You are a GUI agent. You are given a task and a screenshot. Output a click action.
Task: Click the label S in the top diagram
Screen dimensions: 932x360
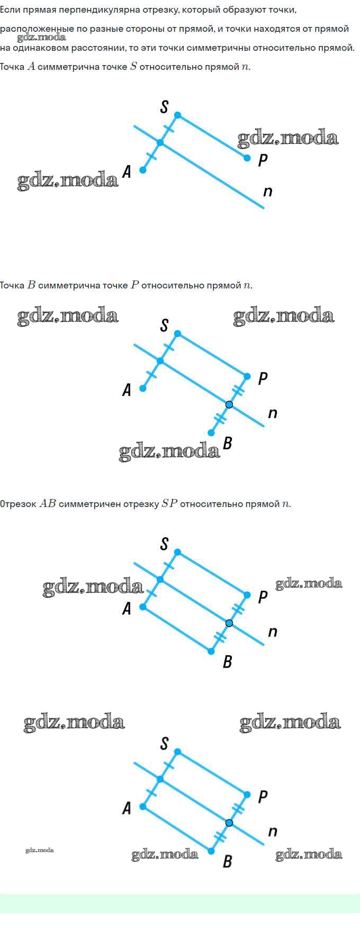point(164,107)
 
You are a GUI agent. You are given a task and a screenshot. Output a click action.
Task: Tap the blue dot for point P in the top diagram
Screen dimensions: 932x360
point(247,158)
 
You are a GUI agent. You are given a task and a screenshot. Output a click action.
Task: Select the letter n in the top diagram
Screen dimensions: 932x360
point(268,192)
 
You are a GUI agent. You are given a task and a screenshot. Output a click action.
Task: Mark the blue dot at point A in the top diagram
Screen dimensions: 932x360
point(142,170)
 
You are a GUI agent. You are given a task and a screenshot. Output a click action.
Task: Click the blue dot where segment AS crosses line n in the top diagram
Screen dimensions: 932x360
point(160,143)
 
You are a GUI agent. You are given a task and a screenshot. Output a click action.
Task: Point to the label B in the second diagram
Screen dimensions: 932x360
point(228,443)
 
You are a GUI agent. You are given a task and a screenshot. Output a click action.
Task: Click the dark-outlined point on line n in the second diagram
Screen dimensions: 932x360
point(229,404)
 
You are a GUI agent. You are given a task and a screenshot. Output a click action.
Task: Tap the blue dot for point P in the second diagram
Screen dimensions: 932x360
point(247,376)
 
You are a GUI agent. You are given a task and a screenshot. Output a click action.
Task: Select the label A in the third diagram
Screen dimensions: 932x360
point(127,609)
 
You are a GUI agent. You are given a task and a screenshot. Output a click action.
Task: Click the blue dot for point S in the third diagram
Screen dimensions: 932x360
point(177,552)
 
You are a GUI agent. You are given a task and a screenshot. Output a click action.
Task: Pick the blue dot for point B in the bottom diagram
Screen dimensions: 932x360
point(211,851)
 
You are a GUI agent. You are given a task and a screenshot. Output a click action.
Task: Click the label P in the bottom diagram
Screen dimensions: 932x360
point(263,797)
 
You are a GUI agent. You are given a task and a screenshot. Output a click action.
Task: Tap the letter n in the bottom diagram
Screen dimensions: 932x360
point(273,831)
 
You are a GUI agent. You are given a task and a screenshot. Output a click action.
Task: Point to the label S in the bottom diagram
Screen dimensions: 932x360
point(164,744)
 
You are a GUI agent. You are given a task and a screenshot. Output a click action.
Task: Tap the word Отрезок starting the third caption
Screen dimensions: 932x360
point(19,504)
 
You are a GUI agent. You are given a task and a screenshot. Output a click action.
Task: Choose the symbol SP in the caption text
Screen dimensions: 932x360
point(169,504)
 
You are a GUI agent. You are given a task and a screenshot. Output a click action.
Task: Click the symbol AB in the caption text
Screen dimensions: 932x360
point(48,504)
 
